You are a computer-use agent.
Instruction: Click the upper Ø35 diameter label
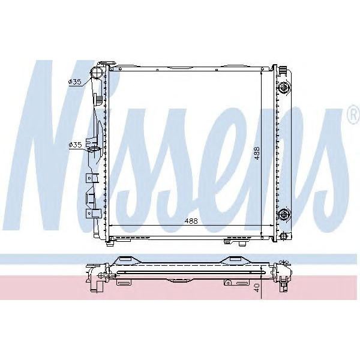(75, 82)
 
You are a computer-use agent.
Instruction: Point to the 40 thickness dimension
(256, 287)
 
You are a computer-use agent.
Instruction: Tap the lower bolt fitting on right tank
(284, 212)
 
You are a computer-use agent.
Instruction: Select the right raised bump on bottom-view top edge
(232, 260)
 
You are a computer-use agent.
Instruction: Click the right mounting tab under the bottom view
(228, 282)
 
